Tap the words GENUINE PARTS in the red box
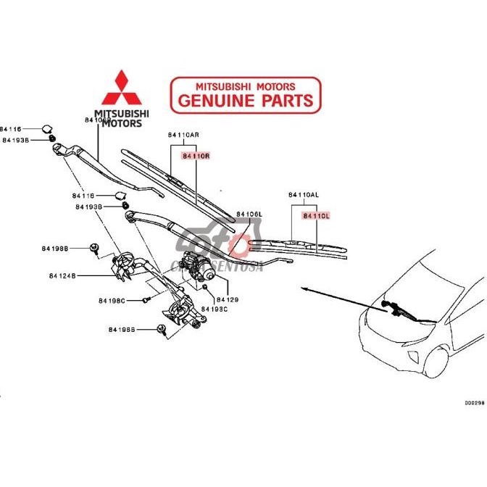[x=245, y=100]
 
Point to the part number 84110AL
[x=304, y=195]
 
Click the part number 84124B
[x=63, y=275]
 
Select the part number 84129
[x=227, y=299]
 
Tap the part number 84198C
[x=112, y=300]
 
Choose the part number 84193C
[x=215, y=309]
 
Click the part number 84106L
[x=249, y=215]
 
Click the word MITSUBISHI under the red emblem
[x=122, y=114]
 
